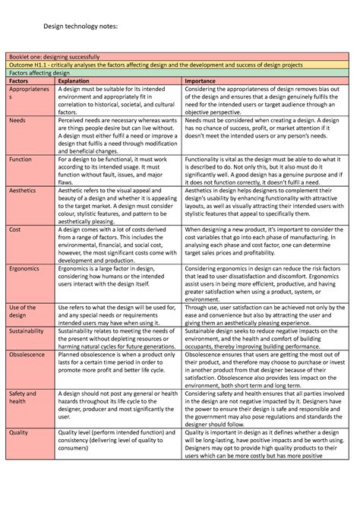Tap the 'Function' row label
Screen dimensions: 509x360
point(21,160)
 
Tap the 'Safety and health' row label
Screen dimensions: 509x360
point(23,399)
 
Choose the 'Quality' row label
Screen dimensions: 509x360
point(20,433)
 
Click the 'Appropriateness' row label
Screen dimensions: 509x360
point(29,93)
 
